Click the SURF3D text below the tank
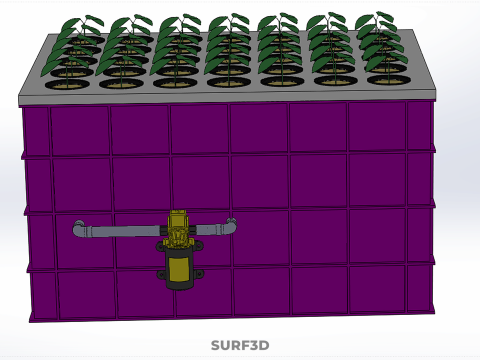240,345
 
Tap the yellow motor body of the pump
179,269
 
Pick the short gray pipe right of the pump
209,229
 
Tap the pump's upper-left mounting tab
160,247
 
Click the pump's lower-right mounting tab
199,274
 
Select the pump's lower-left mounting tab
161,275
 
